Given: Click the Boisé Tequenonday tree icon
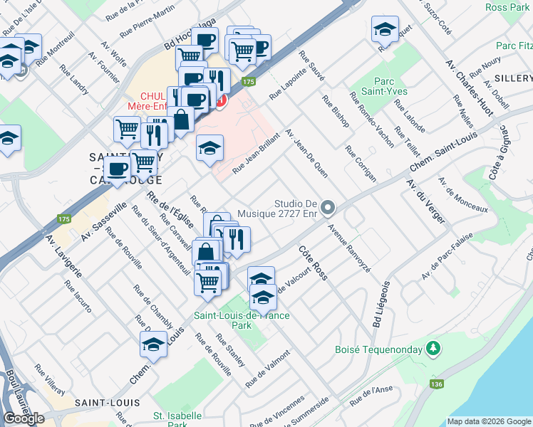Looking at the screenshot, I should pos(432,349).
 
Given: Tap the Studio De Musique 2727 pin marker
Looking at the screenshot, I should pos(328,208).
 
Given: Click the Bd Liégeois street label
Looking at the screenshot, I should pos(380,303).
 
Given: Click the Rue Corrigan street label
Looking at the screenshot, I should pos(361,164).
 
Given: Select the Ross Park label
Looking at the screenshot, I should pos(506,7).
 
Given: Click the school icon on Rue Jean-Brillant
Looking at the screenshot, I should pos(209,148).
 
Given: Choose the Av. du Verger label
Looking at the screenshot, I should pos(425,201).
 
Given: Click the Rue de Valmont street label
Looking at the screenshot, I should pos(269,369).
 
